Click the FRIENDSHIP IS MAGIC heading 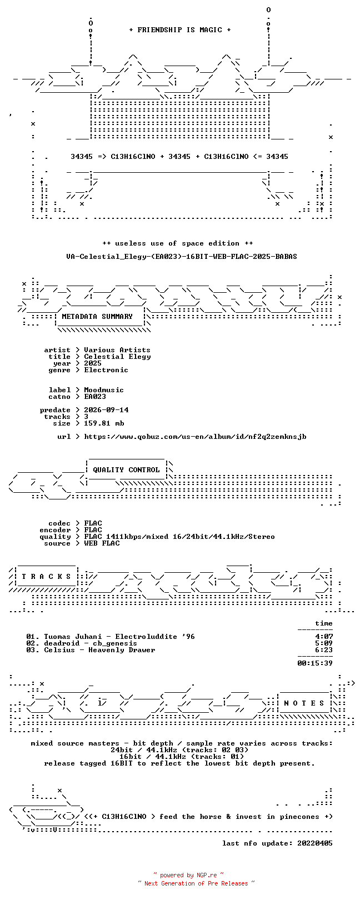point(180,30)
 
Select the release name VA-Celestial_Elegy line point(182,256)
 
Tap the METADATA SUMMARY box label point(97,317)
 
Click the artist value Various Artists point(117,350)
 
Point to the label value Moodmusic point(104,390)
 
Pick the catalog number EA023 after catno point(95,397)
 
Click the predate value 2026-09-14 point(106,410)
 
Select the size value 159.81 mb point(104,423)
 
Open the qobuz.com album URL point(195,437)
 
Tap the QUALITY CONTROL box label point(126,470)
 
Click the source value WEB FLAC point(102,543)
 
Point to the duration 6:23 point(324,649)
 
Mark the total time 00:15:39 point(315,663)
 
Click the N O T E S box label point(304,703)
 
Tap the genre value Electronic point(106,370)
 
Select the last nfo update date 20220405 point(315,843)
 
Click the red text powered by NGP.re point(188,875)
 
